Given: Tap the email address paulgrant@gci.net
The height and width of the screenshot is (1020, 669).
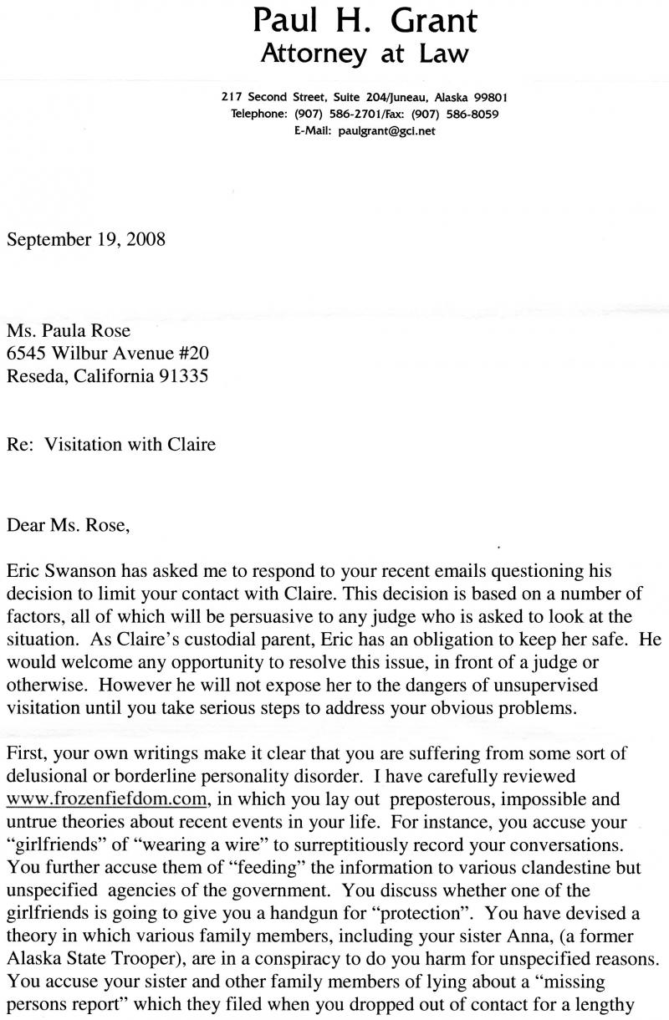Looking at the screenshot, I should click(x=387, y=130).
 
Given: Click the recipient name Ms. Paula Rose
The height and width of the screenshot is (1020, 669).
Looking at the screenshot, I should click(x=69, y=330).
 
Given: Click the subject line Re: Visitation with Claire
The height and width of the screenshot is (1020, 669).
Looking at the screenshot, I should click(x=111, y=444).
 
